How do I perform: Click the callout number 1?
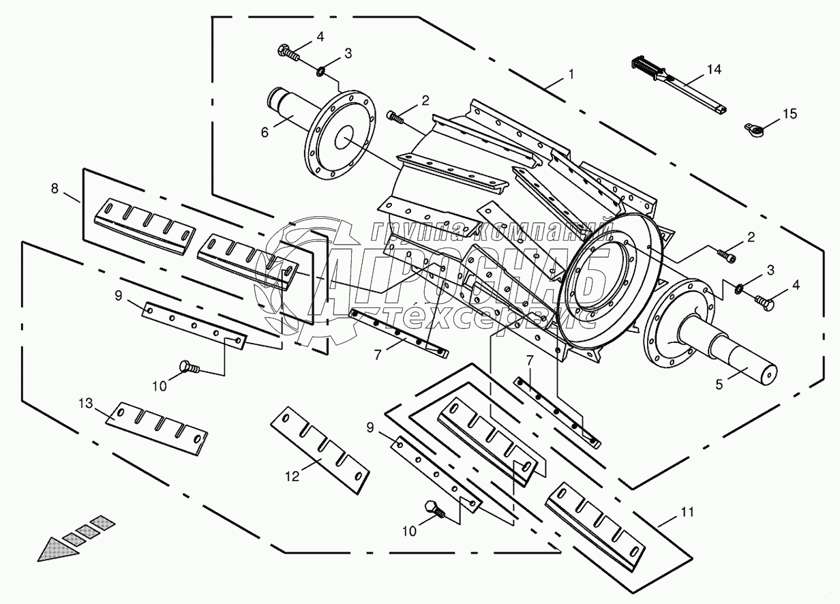pos(571,73)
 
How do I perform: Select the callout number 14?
pos(713,70)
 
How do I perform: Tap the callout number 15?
pos(789,114)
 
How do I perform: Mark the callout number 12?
pos(292,477)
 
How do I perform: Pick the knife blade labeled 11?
pos(595,517)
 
